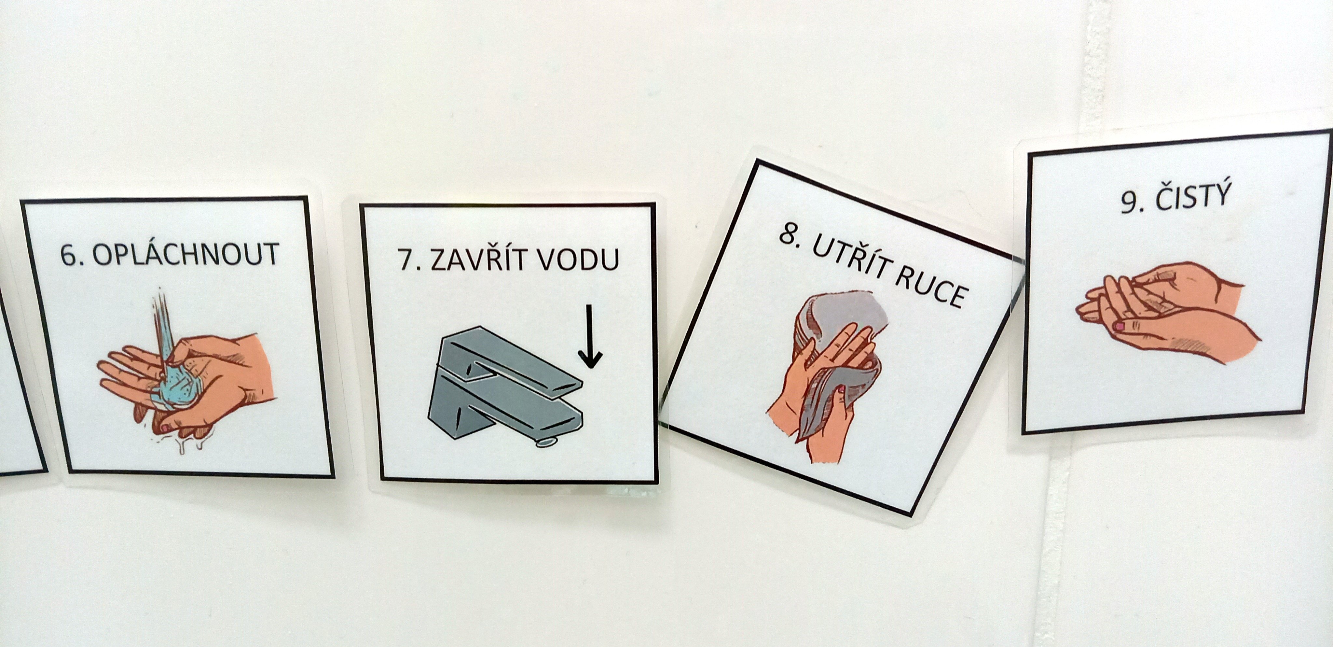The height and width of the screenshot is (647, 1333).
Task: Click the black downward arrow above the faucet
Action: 590,337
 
